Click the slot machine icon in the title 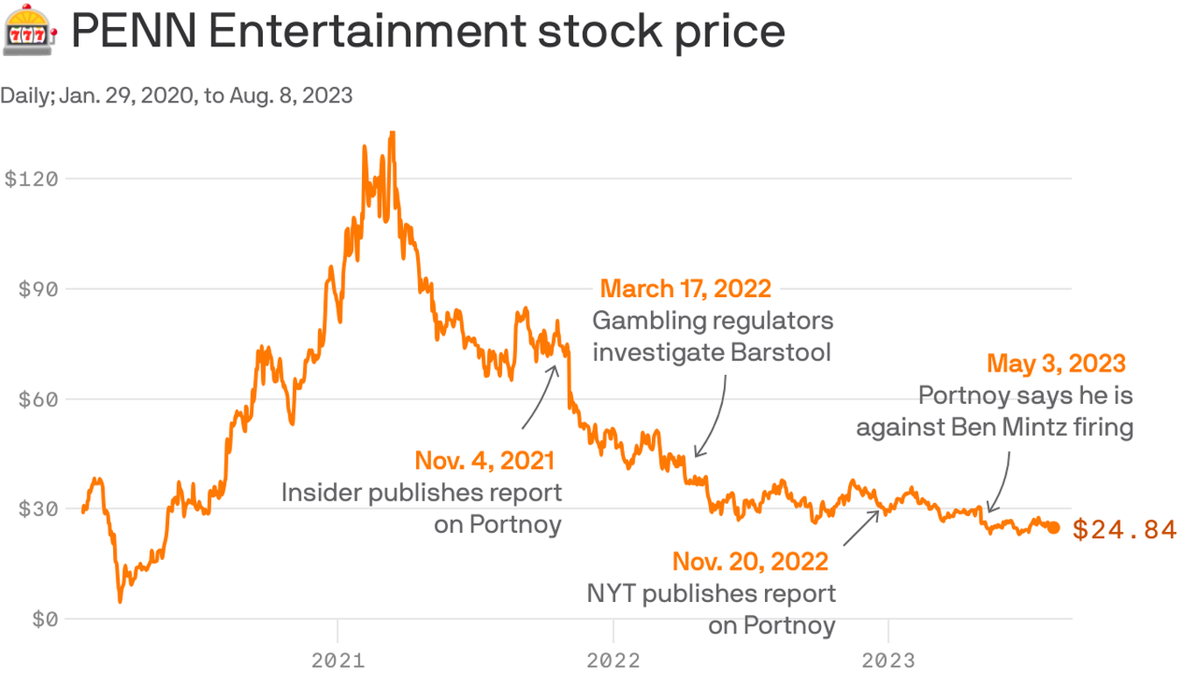click(30, 32)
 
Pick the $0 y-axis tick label click(44, 620)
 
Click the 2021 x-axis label click(338, 659)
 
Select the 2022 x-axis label click(613, 659)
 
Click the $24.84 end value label click(1124, 529)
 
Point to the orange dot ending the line click(1053, 528)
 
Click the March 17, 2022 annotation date click(685, 288)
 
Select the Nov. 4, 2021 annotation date click(485, 460)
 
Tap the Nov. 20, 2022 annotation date click(750, 561)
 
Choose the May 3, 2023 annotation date click(1056, 363)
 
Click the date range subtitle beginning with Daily click(176, 95)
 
